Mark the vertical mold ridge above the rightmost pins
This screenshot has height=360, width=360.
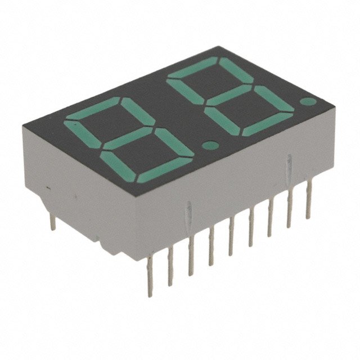click(289, 163)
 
